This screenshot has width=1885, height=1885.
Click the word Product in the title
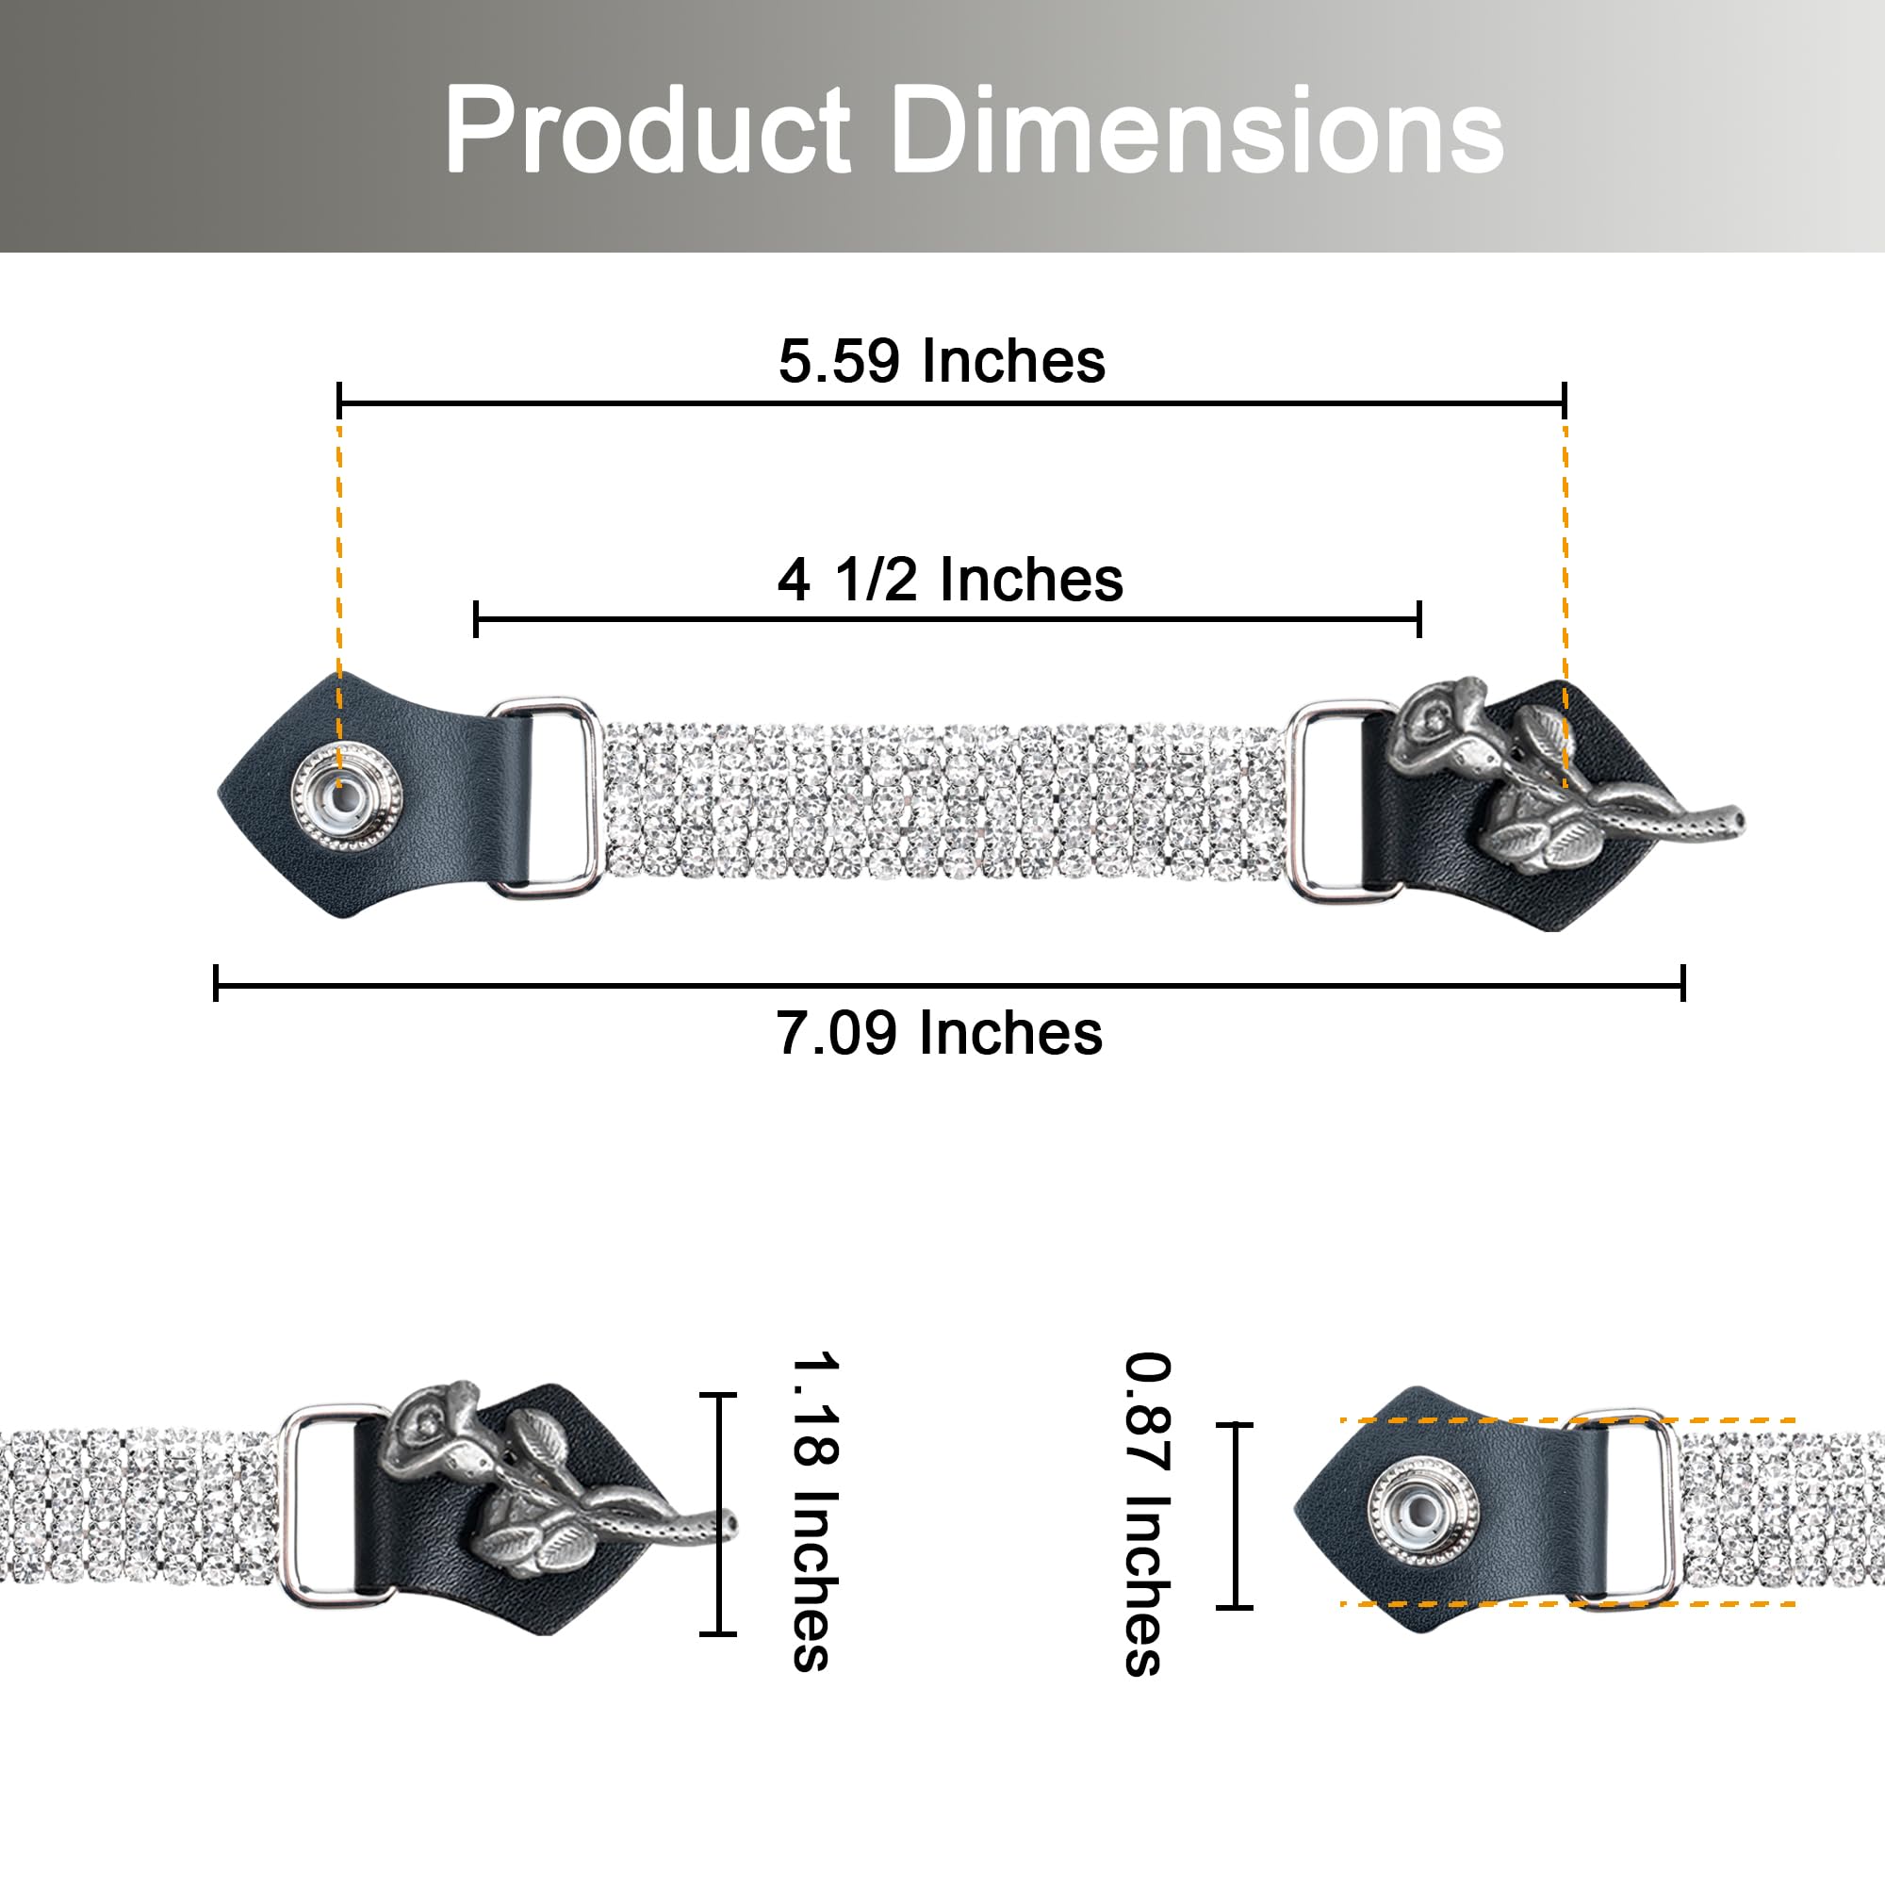point(647,130)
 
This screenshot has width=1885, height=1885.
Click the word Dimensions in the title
point(1197,130)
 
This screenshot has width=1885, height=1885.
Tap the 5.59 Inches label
point(942,361)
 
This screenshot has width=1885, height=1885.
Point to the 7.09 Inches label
point(940,1033)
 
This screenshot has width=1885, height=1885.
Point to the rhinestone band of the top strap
point(942,800)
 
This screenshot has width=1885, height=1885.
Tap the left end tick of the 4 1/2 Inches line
point(475,619)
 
